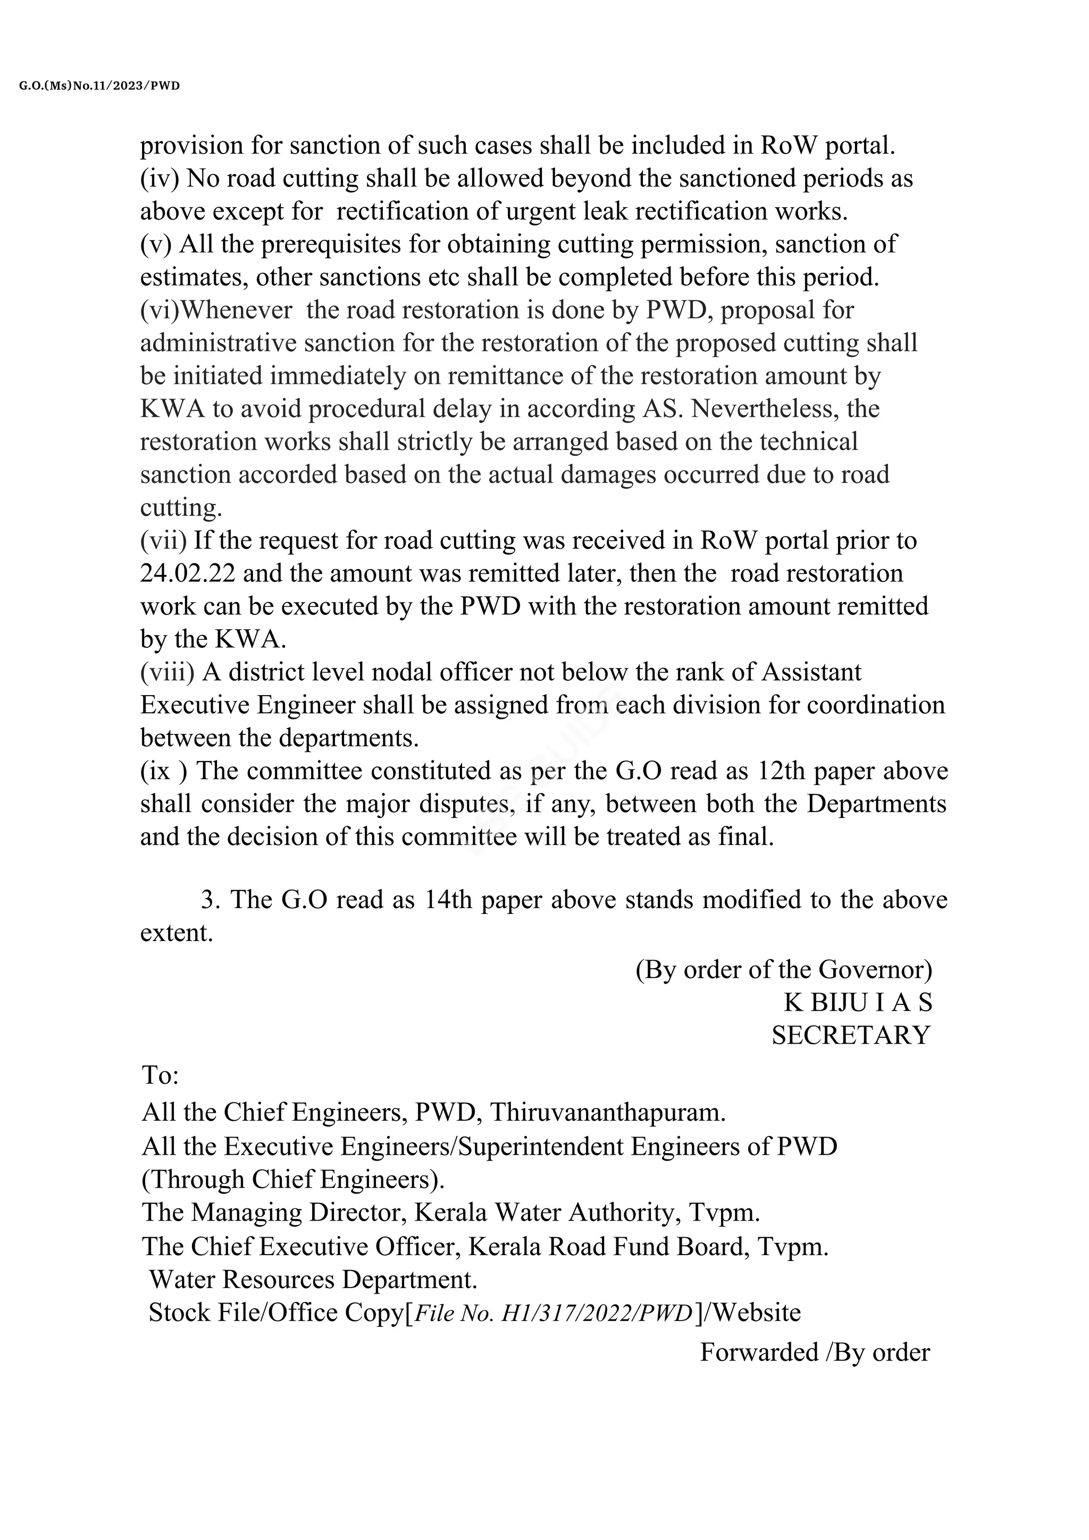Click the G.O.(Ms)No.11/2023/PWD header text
[99, 86]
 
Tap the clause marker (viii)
[167, 672]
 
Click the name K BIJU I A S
[858, 1003]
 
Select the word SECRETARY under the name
[851, 1036]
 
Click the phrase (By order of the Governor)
[783, 970]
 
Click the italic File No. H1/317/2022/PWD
[554, 1313]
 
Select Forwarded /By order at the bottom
[815, 1352]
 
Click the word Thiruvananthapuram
[607, 1113]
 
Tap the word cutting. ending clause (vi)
[180, 507]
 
